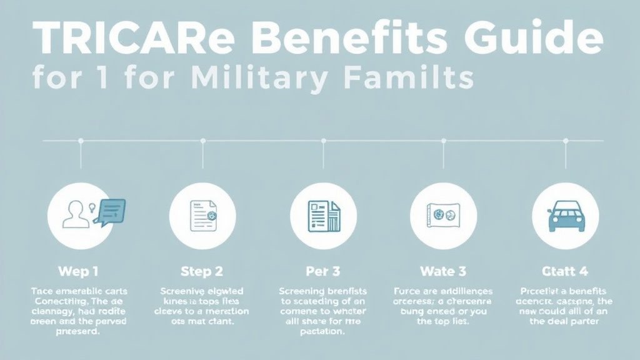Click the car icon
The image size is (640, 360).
(x=565, y=216)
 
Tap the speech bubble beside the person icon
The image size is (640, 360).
(x=111, y=210)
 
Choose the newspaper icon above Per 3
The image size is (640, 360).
(x=323, y=216)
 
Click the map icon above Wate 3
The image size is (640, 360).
(x=443, y=216)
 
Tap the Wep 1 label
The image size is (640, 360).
(x=77, y=272)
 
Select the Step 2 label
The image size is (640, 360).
(x=202, y=272)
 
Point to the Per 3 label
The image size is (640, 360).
(x=323, y=272)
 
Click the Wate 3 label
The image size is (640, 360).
(x=443, y=272)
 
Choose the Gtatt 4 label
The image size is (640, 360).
(x=565, y=272)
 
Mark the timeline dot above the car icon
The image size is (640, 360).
(x=565, y=141)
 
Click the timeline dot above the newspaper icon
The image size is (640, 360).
(x=323, y=141)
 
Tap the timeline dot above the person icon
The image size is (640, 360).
(x=81, y=141)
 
